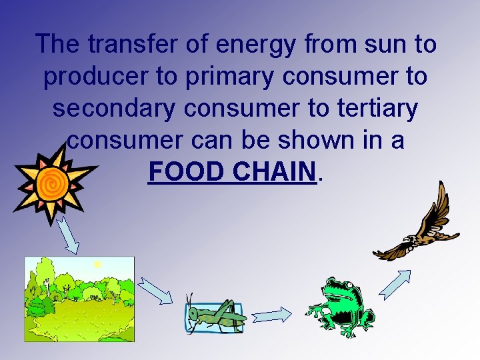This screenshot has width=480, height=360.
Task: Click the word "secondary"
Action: [x=109, y=108]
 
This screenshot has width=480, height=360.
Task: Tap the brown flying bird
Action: [x=420, y=227]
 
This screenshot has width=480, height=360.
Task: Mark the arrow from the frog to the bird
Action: [x=395, y=283]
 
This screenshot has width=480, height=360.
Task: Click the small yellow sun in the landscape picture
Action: [x=97, y=265]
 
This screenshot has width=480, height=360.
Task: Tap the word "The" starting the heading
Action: [x=59, y=45]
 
